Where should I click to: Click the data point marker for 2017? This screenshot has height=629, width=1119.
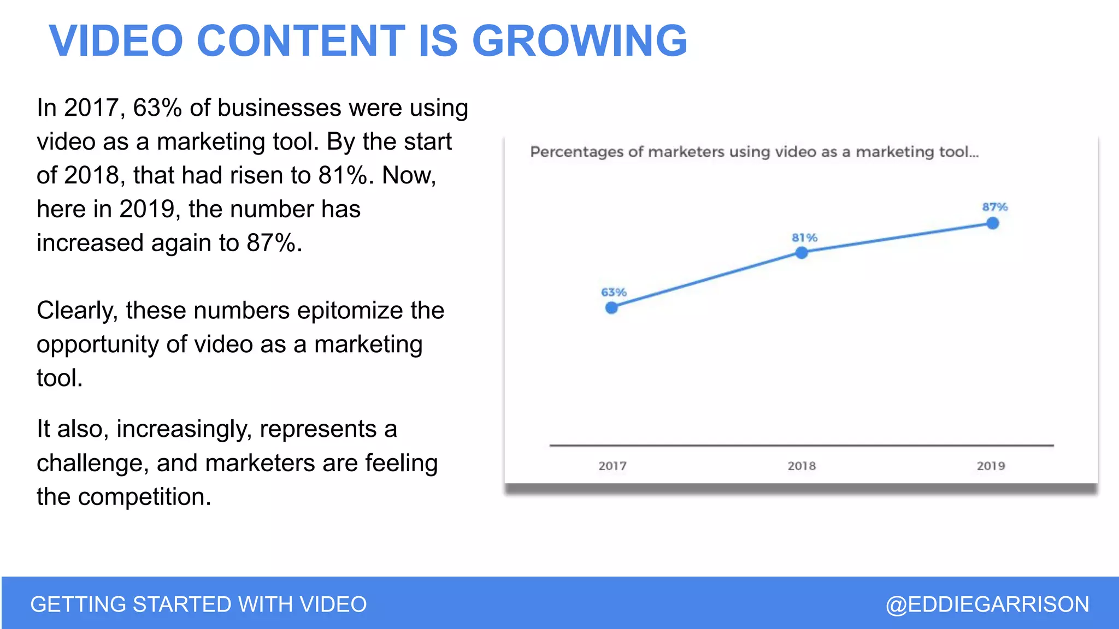(612, 308)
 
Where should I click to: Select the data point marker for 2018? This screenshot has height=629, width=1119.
(802, 253)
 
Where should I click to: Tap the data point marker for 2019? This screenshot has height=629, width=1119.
(993, 223)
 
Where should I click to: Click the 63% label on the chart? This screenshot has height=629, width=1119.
(614, 292)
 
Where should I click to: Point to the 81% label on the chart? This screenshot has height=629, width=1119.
(804, 238)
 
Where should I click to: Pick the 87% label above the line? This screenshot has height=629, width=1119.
(994, 207)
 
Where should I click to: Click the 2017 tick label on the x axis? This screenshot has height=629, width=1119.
(612, 466)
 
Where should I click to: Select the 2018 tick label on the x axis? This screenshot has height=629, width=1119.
(802, 466)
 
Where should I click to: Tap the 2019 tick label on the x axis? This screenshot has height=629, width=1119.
(991, 466)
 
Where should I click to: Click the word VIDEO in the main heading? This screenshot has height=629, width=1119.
(116, 41)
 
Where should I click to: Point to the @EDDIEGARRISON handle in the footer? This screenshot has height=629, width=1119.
(987, 604)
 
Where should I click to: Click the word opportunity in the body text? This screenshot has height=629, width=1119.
(98, 345)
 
